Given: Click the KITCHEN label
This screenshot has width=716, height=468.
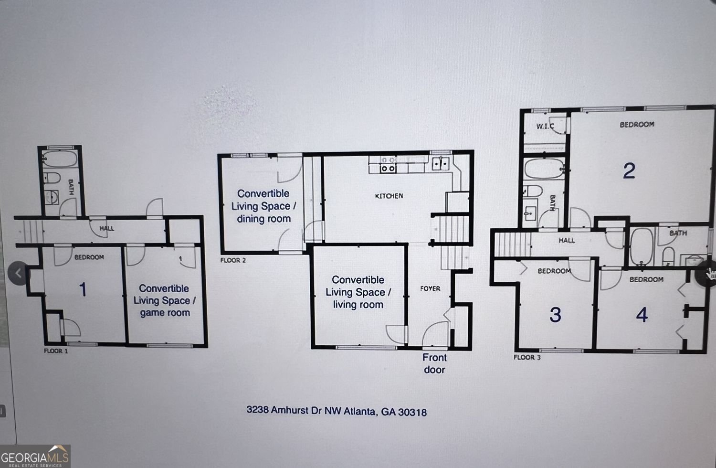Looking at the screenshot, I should [389, 196].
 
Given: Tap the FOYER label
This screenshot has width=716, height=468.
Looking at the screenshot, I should [430, 288].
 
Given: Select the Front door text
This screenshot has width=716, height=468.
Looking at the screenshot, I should [434, 363].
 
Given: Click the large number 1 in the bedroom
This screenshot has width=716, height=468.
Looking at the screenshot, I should [83, 289].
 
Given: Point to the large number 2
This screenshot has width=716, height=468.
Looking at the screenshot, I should [629, 170].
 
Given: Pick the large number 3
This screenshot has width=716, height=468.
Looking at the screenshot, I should [555, 315].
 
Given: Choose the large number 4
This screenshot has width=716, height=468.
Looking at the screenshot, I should [642, 315].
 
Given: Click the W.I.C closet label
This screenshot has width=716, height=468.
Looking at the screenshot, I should [545, 126].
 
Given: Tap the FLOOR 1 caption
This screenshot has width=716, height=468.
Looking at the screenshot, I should [56, 351].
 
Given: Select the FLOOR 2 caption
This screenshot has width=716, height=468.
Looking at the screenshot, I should [233, 260].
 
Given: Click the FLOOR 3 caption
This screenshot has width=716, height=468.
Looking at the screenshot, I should [527, 357].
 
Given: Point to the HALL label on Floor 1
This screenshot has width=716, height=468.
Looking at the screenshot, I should [106, 228].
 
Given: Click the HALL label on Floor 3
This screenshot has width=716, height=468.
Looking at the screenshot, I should [567, 240].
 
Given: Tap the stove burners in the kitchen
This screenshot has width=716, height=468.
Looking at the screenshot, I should [388, 168].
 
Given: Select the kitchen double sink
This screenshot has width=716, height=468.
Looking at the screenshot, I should [441, 164].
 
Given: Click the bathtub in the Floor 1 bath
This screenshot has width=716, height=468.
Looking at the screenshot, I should [60, 159].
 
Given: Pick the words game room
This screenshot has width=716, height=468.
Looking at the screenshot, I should [165, 313].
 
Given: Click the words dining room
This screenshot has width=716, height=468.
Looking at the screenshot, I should [263, 219].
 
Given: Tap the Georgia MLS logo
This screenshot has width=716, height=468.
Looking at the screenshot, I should [35, 456].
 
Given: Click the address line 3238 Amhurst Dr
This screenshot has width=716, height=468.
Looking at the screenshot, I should [337, 411].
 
